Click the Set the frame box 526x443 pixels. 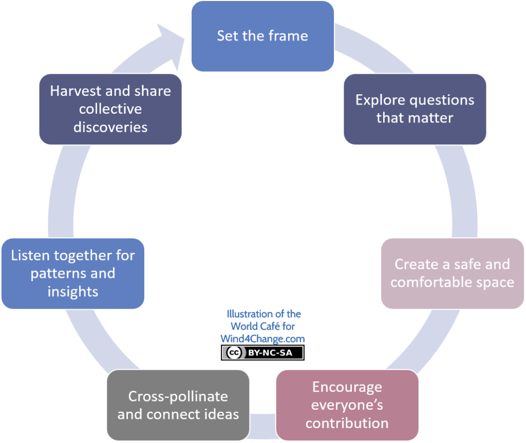click(x=262, y=36)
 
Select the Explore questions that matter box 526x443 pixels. click(x=415, y=109)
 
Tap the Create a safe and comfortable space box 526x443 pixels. click(x=453, y=274)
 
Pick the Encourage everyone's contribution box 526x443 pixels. click(x=347, y=405)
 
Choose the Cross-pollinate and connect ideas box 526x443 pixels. click(x=178, y=405)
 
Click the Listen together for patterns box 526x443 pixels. click(x=73, y=274)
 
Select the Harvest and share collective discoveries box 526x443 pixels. click(x=110, y=109)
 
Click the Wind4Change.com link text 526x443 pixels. click(x=262, y=338)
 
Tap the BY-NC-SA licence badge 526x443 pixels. click(x=262, y=353)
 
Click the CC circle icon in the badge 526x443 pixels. click(x=234, y=353)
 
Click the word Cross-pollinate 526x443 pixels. click(x=178, y=397)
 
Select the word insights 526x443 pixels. click(x=73, y=292)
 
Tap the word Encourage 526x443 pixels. click(x=347, y=388)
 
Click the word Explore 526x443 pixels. click(x=381, y=100)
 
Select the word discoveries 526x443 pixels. click(x=110, y=127)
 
